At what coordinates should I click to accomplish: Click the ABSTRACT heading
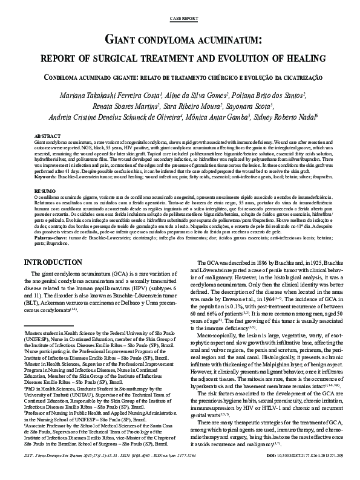click(47, 136)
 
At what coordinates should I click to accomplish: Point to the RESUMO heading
click(45, 189)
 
